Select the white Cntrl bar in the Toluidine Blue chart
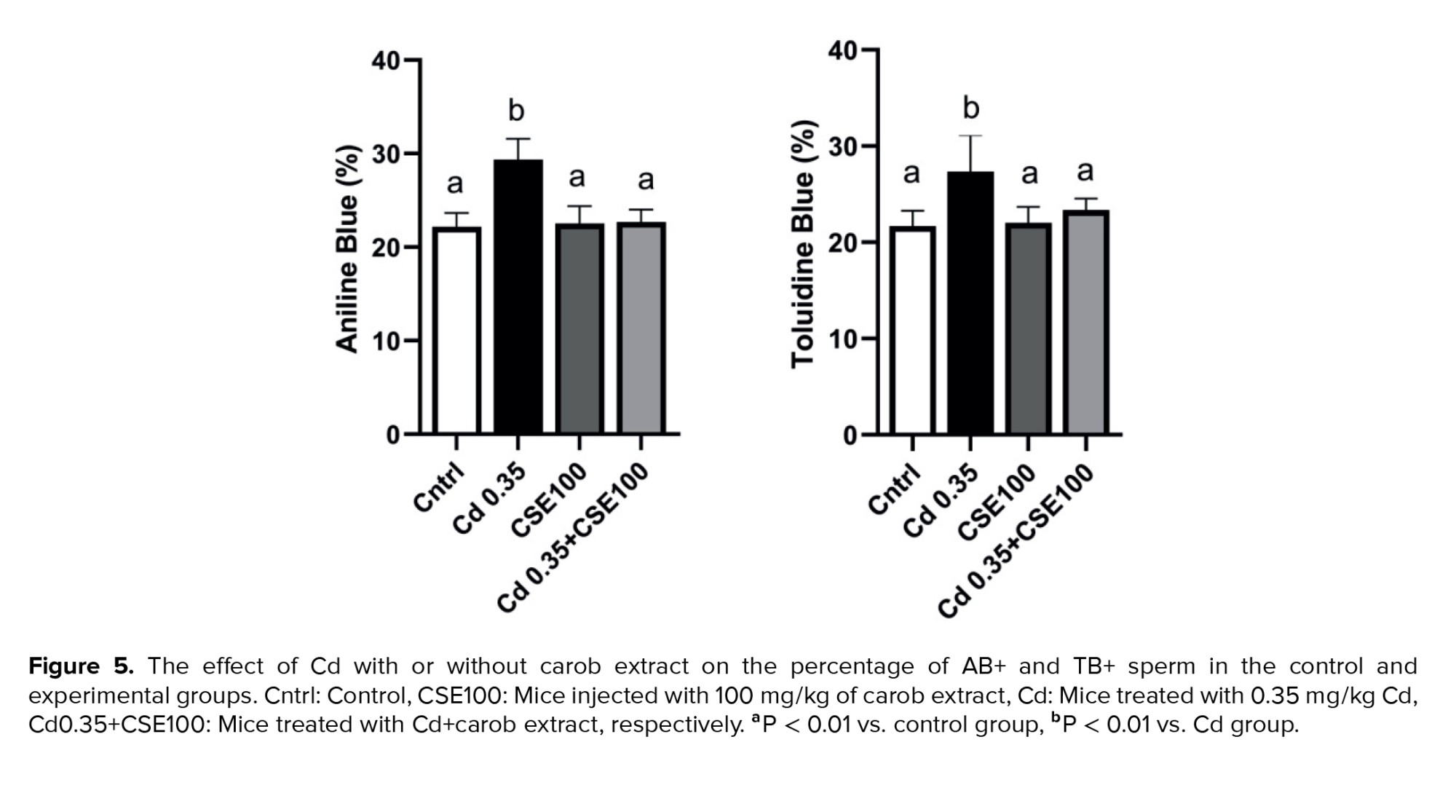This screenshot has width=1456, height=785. click(911, 331)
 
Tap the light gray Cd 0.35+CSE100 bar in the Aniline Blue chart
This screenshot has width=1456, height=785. click(641, 328)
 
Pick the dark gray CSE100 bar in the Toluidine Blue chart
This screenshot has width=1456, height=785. click(1028, 328)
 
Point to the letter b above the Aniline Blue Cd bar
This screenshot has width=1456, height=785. click(516, 111)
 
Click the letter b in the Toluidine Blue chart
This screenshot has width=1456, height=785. click(971, 109)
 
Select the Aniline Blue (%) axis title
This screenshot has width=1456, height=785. click(347, 249)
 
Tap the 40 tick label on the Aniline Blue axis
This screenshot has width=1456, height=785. click(386, 60)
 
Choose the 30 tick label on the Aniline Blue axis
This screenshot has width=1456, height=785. click(386, 154)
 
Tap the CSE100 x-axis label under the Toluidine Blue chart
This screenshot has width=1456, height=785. click(996, 502)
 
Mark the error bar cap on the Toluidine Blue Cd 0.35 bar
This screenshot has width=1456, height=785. click(970, 136)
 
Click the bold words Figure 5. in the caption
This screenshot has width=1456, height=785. click(81, 666)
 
